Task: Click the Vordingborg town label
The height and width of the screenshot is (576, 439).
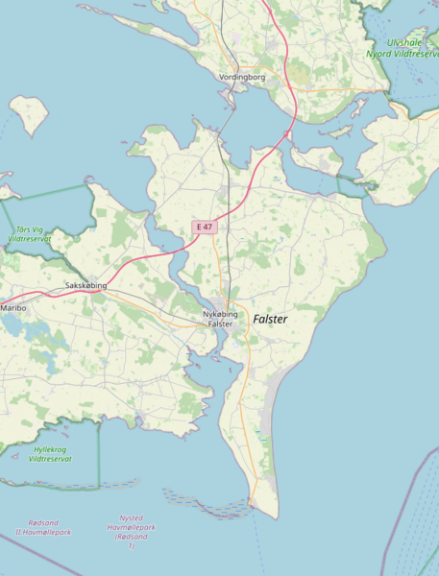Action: tap(241, 77)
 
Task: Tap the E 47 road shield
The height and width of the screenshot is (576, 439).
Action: tap(204, 227)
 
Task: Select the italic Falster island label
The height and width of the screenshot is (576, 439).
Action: tap(270, 318)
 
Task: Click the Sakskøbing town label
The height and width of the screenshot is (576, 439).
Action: tap(85, 286)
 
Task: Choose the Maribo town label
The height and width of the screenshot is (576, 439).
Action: tap(13, 308)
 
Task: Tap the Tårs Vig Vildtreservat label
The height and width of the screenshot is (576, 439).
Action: tap(29, 233)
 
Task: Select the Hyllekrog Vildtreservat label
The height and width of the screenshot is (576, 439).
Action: tap(51, 454)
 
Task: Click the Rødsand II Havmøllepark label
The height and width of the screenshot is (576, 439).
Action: tap(43, 527)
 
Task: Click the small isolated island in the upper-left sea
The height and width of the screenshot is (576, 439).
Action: tap(30, 114)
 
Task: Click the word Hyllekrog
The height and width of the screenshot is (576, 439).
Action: tap(51, 449)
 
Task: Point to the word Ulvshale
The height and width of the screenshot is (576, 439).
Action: tap(404, 42)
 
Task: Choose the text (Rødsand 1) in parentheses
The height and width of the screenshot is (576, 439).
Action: tap(132, 541)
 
